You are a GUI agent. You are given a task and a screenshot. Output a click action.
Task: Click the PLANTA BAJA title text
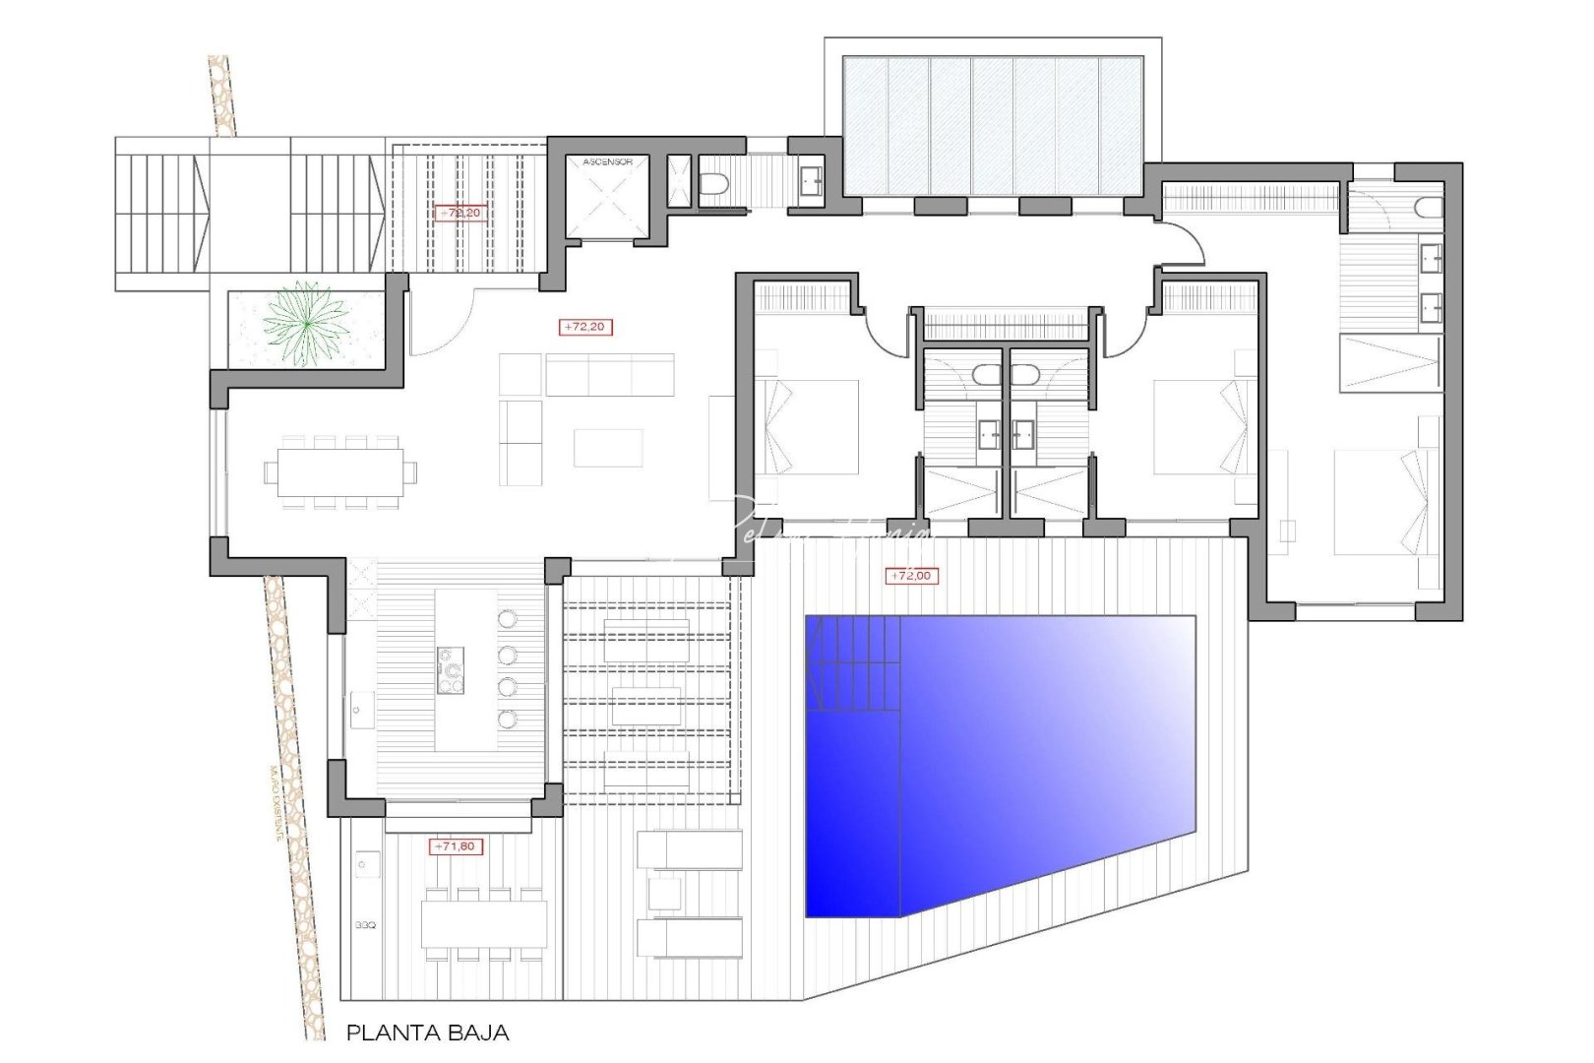pos(427,1032)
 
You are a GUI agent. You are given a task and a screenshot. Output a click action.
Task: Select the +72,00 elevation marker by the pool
pos(913,576)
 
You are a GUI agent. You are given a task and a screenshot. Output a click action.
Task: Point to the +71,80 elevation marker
pos(458,845)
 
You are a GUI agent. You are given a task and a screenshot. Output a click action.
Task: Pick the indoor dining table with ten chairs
pos(339,472)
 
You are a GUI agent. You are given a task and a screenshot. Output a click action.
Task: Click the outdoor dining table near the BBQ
pos(483,925)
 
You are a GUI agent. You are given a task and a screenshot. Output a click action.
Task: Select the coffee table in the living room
pos(608,447)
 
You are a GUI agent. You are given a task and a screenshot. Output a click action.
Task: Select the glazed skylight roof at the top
pos(992,126)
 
